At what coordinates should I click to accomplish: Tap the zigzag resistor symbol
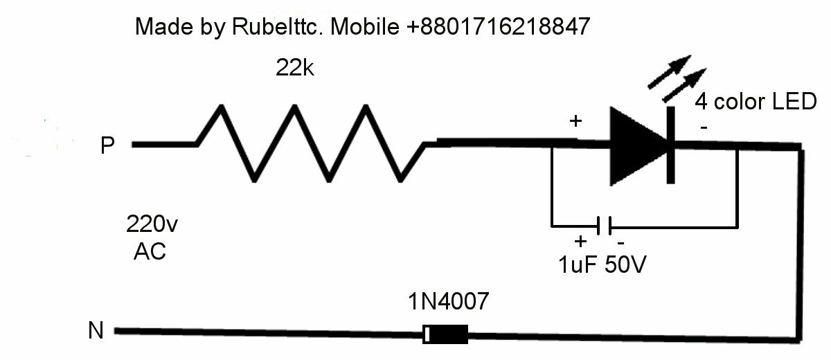(312, 143)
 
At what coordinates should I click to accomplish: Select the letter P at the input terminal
(107, 146)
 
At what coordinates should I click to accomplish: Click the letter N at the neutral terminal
(96, 332)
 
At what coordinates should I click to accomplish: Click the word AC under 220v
(150, 251)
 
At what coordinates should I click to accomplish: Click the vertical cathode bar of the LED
(670, 145)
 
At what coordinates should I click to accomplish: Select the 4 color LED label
(756, 102)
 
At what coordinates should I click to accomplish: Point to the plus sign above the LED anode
(575, 121)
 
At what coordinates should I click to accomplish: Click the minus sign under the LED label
(704, 128)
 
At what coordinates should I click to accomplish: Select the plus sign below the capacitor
(580, 242)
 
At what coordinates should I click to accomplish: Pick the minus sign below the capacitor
(620, 243)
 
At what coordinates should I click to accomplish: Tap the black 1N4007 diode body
(445, 334)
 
